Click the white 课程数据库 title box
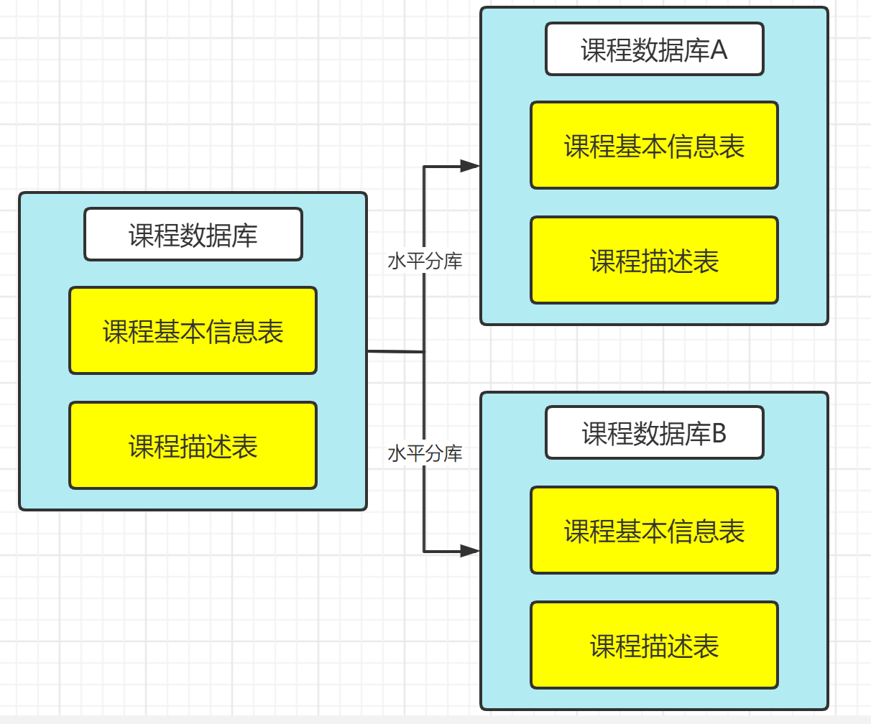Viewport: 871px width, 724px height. click(x=193, y=234)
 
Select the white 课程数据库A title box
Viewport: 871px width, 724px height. click(x=654, y=49)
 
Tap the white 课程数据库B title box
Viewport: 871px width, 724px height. click(x=654, y=432)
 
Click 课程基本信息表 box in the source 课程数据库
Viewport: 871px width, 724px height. click(x=193, y=330)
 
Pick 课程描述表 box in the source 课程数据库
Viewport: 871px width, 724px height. click(x=193, y=445)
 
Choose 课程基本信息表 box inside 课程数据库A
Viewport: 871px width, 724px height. click(x=654, y=145)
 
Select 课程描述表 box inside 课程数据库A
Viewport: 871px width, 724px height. click(x=654, y=260)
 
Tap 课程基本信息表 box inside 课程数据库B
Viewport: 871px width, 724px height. click(x=654, y=530)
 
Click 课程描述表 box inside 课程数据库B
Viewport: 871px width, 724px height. click(x=654, y=645)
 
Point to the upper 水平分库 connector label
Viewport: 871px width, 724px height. click(x=425, y=261)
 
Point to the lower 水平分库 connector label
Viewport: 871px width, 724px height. click(x=425, y=453)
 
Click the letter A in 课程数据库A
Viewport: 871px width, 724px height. click(x=719, y=50)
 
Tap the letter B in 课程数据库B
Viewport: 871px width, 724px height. click(x=718, y=433)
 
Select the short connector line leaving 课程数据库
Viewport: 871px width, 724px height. click(x=395, y=352)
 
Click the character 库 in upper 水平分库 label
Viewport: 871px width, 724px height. click(x=453, y=261)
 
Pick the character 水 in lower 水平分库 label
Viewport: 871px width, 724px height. click(x=397, y=453)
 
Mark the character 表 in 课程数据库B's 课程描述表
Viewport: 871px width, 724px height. click(x=706, y=645)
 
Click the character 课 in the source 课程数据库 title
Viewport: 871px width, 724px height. click(x=142, y=235)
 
